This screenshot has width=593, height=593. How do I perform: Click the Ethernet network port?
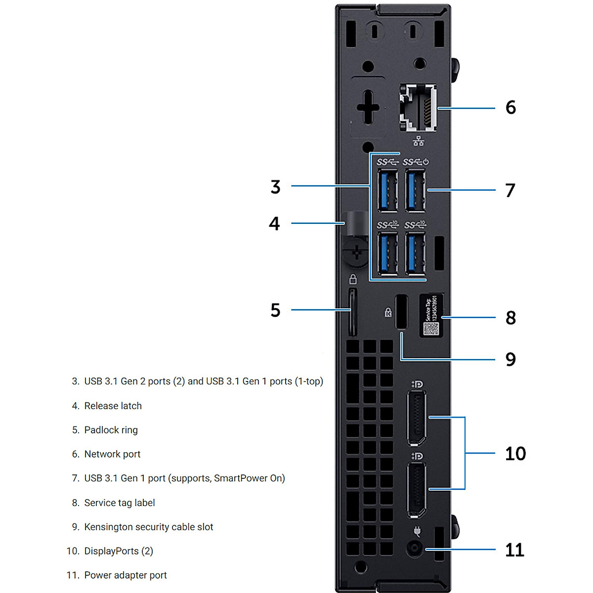tap(418, 108)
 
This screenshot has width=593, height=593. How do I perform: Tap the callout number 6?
tap(510, 107)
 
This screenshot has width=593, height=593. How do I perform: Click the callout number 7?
tap(510, 190)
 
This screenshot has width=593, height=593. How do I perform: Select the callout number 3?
tap(275, 187)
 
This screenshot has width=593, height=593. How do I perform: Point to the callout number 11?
tap(514, 550)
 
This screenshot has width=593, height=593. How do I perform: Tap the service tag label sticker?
tap(431, 315)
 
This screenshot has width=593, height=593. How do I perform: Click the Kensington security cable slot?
tap(401, 311)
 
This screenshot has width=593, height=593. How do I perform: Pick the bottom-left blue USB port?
tap(387, 253)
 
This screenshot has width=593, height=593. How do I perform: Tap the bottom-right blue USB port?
tap(415, 253)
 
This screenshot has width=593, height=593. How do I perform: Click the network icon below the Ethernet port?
tap(419, 141)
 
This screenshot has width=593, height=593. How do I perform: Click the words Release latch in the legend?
tap(113, 406)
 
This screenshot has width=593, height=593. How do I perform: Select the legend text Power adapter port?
tap(126, 575)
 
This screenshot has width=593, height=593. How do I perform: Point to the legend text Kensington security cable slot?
tap(149, 527)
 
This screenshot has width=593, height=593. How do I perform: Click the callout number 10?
tap(515, 454)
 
